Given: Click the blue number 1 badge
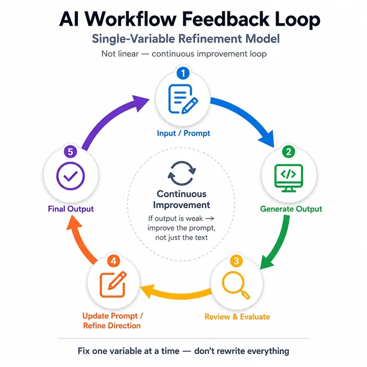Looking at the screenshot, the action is (x=183, y=73).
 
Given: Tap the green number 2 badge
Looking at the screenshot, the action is (x=288, y=151).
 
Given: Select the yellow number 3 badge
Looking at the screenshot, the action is (x=236, y=261).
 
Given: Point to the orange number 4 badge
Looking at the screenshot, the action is (x=114, y=261).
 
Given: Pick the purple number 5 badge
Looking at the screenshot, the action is (x=71, y=151).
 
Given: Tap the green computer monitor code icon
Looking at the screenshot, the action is (x=288, y=178).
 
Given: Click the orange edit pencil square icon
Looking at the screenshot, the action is (x=113, y=284).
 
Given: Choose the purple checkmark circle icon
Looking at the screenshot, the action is (x=71, y=176).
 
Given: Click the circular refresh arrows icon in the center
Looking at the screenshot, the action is (x=182, y=173).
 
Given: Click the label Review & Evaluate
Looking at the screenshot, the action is (x=237, y=317).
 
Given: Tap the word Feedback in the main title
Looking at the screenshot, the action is (x=225, y=19).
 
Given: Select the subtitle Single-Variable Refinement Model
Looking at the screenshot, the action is (x=186, y=39).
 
